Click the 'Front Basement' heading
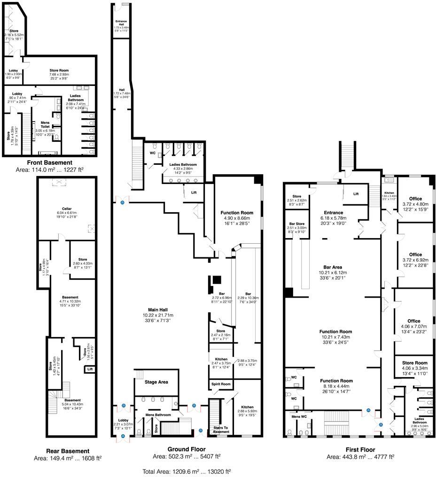(x=49, y=162)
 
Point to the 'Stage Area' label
(x=156, y=382)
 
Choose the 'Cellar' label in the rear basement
(x=66, y=208)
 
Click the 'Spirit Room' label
(x=220, y=384)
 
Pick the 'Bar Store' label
(x=296, y=224)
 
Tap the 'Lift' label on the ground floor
(x=194, y=192)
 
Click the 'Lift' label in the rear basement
(x=89, y=369)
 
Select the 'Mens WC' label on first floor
(x=299, y=416)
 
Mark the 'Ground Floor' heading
(x=187, y=449)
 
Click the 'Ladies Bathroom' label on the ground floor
(x=183, y=165)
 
